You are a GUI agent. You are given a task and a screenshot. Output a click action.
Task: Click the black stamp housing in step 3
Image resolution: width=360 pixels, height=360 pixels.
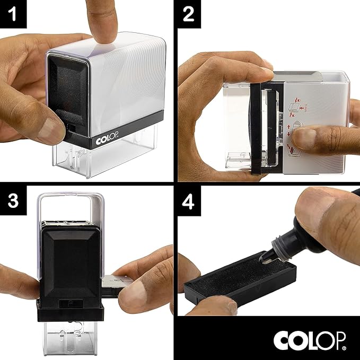(x=69, y=265)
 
